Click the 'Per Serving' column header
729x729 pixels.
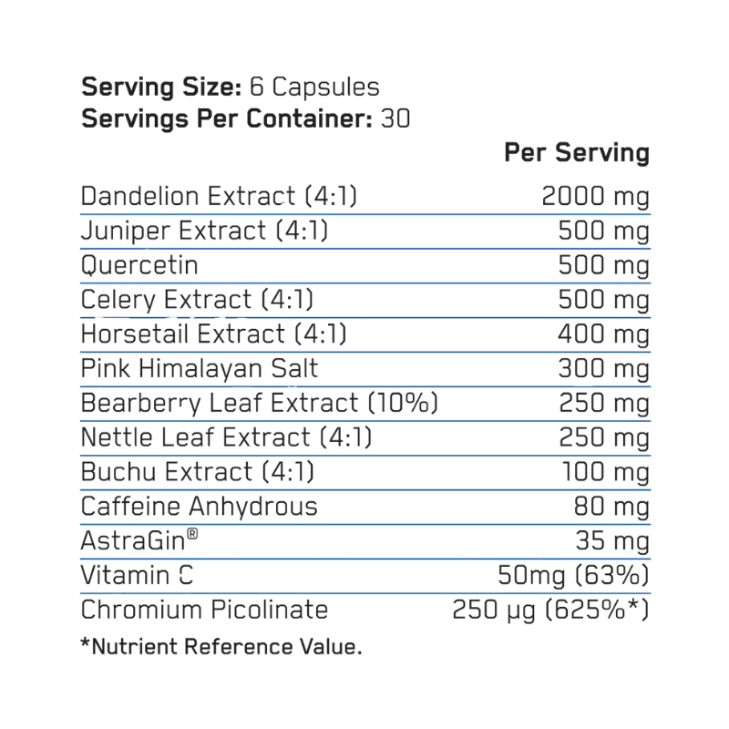(x=577, y=152)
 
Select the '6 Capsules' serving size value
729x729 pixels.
(x=314, y=87)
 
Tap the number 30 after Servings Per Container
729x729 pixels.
(x=395, y=118)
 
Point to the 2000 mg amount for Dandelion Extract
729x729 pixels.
(x=596, y=197)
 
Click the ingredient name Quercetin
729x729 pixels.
(x=139, y=265)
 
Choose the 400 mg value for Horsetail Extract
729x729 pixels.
(x=603, y=334)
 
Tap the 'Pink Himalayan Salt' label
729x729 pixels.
(x=200, y=369)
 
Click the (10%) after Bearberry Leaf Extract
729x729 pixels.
(x=403, y=403)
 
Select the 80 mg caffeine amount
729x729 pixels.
(x=611, y=507)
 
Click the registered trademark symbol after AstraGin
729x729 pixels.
(x=192, y=534)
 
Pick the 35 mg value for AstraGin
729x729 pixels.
(x=612, y=541)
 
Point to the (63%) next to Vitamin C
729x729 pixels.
(x=611, y=575)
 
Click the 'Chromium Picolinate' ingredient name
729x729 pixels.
(x=204, y=610)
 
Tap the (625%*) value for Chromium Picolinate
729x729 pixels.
(x=597, y=610)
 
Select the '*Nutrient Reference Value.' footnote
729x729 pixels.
(x=221, y=647)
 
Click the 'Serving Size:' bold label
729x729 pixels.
(x=161, y=87)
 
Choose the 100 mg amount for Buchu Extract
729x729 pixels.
(x=606, y=472)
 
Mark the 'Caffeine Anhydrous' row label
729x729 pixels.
(x=199, y=507)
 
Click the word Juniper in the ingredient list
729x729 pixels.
(x=127, y=231)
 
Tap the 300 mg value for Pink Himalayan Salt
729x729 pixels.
(x=603, y=369)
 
